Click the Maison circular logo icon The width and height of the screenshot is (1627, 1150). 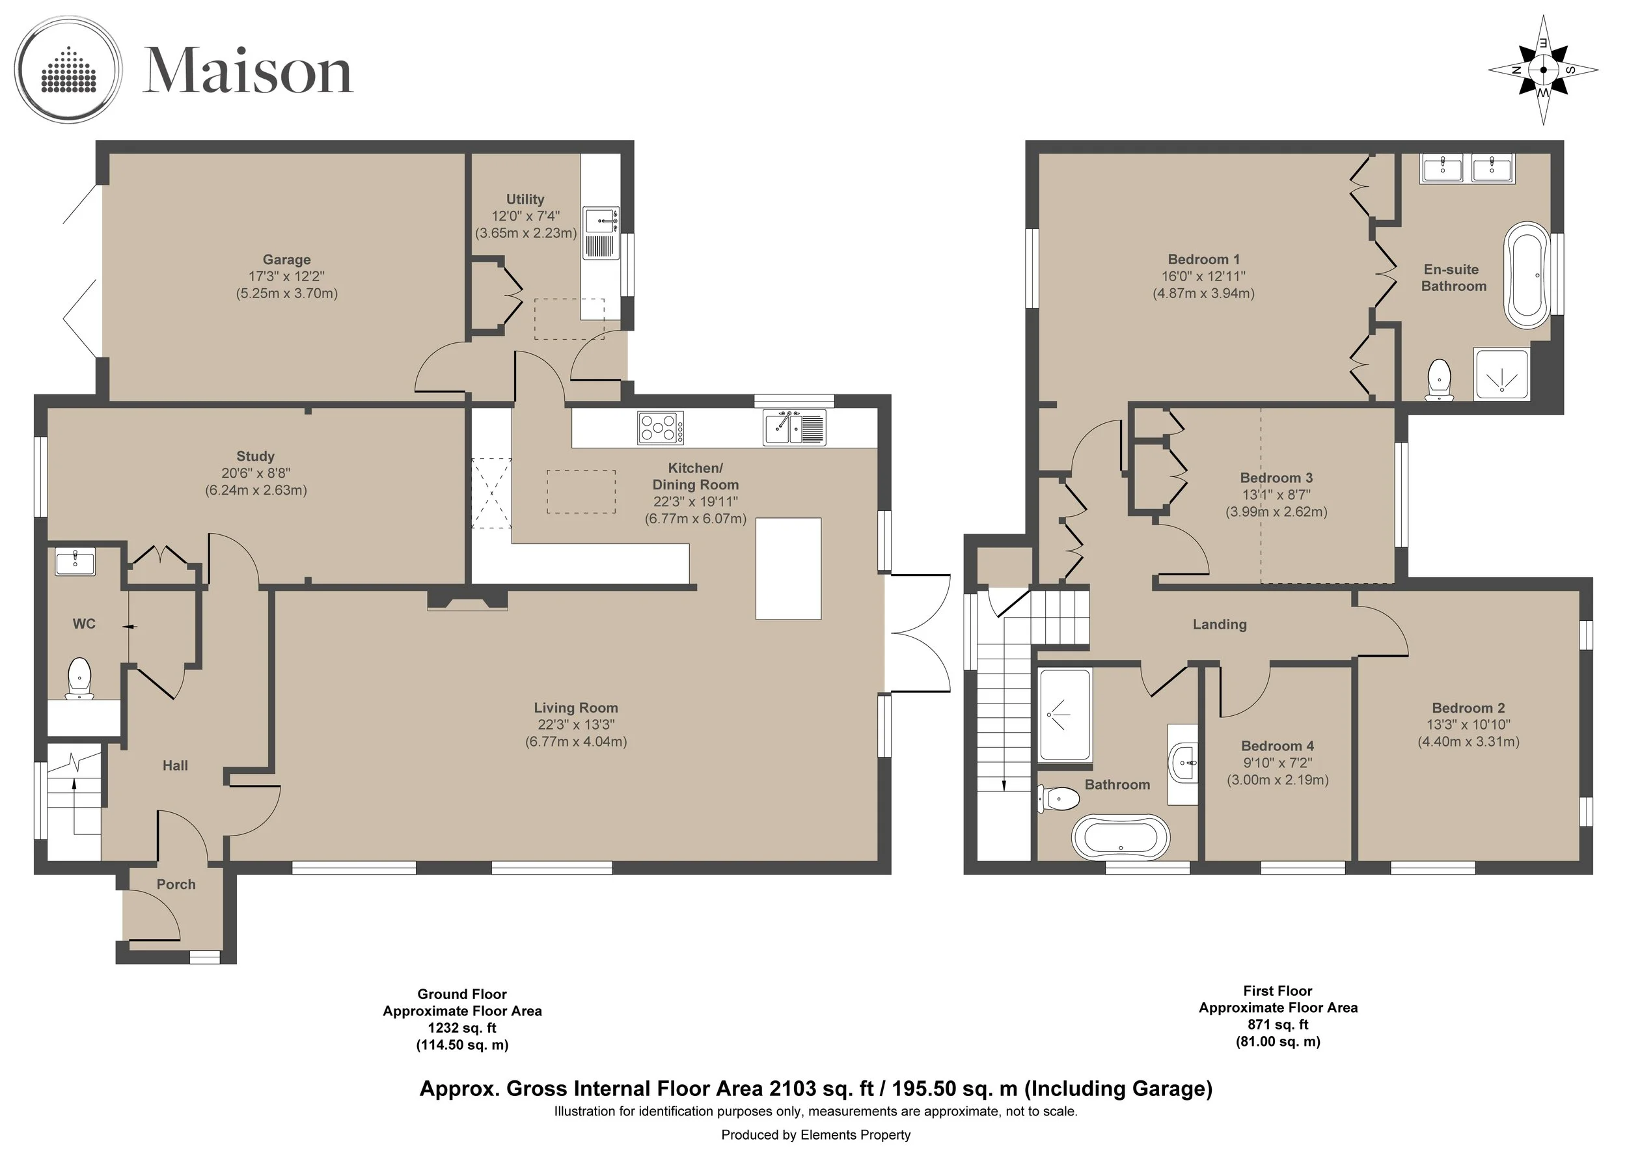[x=69, y=70]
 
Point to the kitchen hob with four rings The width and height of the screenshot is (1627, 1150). [x=661, y=428]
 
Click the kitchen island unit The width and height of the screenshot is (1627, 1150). [x=788, y=569]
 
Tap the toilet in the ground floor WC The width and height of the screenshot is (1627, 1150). [x=79, y=678]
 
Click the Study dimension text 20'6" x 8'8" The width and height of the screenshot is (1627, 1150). [x=256, y=473]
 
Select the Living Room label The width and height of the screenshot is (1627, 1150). [x=575, y=708]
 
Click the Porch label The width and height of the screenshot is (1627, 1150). [x=176, y=884]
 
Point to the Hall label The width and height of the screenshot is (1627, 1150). [x=175, y=765]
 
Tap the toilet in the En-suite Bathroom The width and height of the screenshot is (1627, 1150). [x=1438, y=380]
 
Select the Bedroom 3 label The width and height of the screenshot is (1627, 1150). [x=1276, y=478]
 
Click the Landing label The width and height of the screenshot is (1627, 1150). [x=1219, y=624]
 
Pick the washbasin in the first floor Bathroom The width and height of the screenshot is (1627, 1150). [x=1183, y=764]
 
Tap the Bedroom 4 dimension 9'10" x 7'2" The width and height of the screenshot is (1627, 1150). [x=1277, y=763]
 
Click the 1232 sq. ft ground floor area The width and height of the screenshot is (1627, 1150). [x=462, y=1028]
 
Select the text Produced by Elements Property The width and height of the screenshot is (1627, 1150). [x=815, y=1134]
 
